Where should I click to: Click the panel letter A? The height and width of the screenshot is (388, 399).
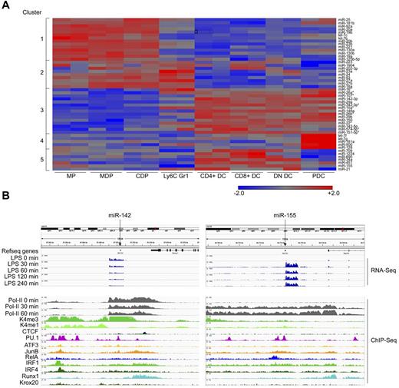tap(5, 5)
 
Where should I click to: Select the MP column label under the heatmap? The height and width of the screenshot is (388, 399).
tap(71, 177)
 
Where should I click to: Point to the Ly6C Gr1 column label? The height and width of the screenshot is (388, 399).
tap(176, 177)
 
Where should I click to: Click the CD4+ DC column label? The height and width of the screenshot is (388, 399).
tap(211, 177)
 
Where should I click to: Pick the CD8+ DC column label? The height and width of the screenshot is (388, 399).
tap(246, 177)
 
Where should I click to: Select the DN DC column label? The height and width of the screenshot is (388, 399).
tap(281, 177)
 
